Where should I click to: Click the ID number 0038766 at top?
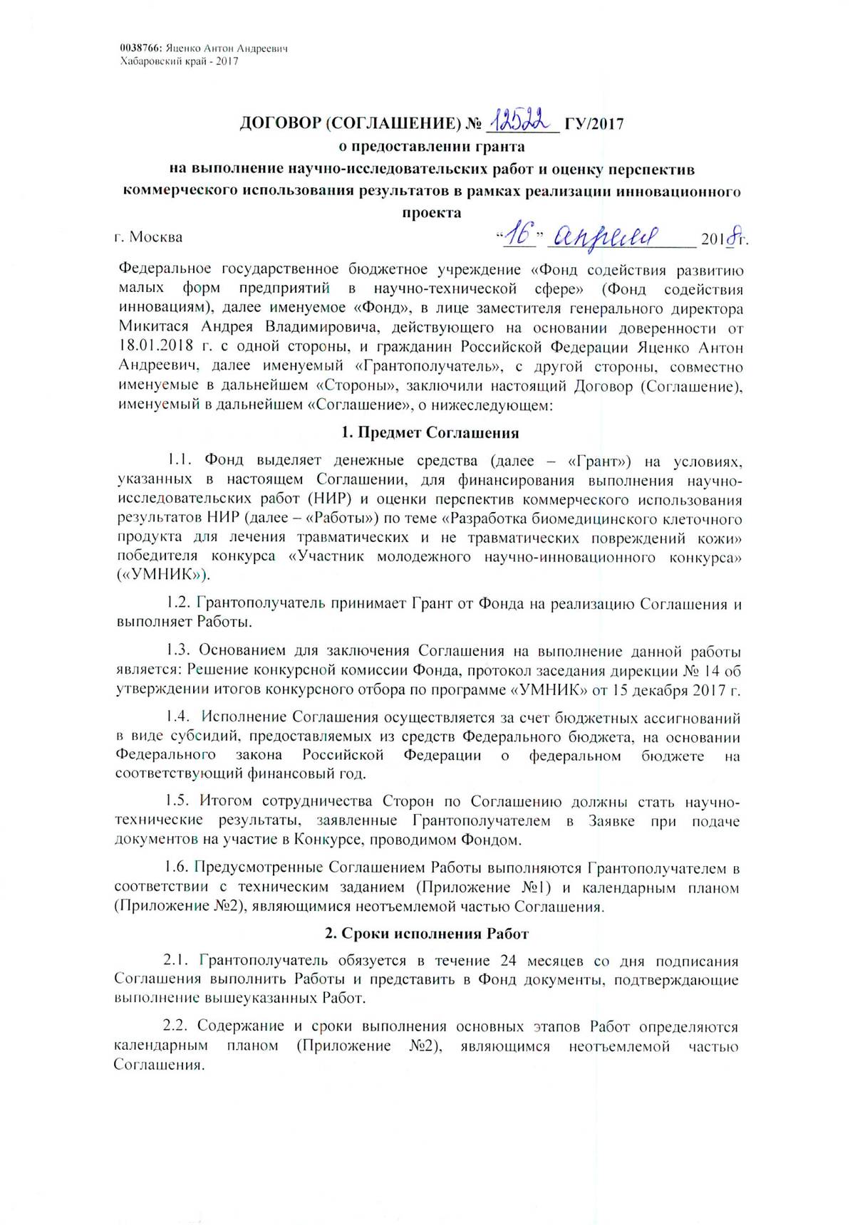click(x=141, y=48)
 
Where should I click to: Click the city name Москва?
click(x=156, y=237)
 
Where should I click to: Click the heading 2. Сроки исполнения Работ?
click(x=427, y=932)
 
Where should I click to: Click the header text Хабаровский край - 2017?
click(x=179, y=61)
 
